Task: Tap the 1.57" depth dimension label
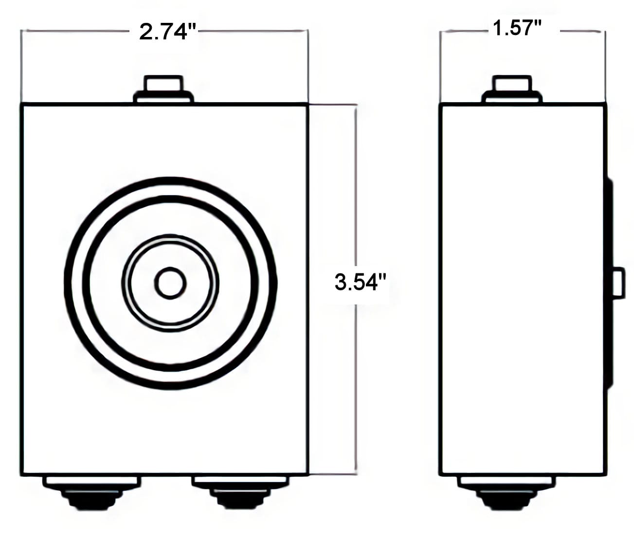point(517,28)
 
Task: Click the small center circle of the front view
point(170,283)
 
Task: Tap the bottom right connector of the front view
point(240,491)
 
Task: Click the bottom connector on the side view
point(506,491)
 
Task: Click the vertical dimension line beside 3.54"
point(356,195)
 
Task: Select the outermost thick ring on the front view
point(66,283)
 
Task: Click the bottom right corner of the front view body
point(308,475)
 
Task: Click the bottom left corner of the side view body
point(440,475)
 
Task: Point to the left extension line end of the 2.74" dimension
point(21,31)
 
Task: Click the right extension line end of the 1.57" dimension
point(605,31)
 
